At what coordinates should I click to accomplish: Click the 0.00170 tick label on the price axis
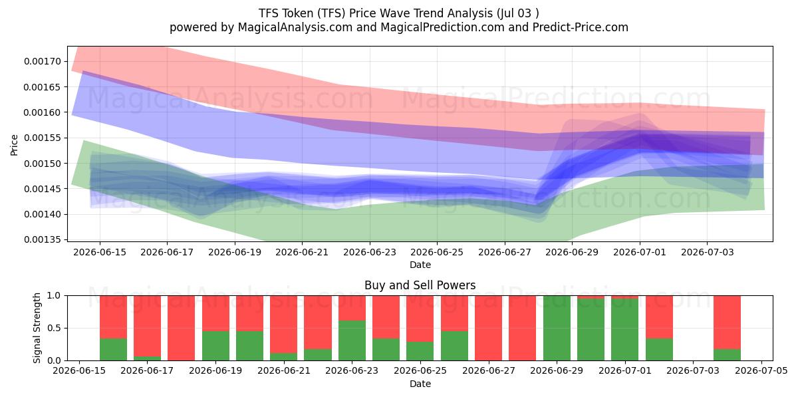[43, 61]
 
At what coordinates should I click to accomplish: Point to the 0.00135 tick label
[43, 239]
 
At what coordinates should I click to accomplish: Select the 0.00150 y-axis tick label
[43, 164]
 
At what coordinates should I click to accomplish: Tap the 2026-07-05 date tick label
[761, 370]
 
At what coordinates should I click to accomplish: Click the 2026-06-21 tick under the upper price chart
[302, 252]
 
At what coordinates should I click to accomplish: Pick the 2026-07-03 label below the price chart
[707, 252]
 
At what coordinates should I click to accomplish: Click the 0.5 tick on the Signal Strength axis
[54, 328]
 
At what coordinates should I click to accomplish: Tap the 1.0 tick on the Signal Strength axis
[54, 296]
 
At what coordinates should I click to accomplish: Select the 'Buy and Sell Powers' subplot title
[420, 285]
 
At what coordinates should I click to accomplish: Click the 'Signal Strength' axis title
[37, 328]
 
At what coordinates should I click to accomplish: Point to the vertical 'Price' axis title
[14, 145]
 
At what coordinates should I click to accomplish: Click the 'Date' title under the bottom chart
[420, 384]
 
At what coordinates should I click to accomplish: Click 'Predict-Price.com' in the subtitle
[581, 27]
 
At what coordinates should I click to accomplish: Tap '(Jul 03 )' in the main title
[517, 13]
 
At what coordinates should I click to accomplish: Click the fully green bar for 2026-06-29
[557, 328]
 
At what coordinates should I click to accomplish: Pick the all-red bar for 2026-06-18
[182, 328]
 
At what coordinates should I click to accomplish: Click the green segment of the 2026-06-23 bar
[352, 340]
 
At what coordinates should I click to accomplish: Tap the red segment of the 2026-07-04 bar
[727, 323]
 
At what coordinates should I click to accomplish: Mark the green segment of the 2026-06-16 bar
[113, 350]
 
